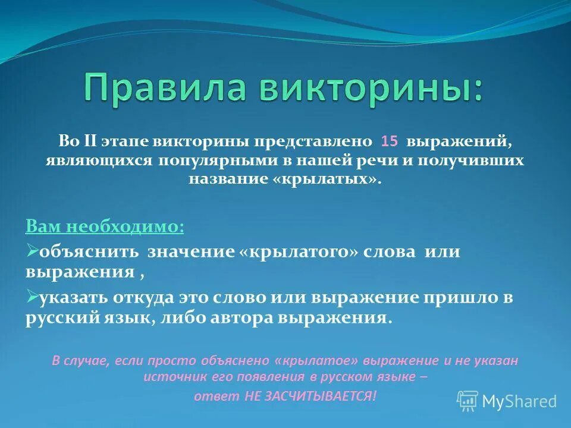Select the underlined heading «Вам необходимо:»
105,226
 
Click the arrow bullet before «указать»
32,295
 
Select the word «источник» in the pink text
170,377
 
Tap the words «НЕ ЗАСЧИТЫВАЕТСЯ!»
310,396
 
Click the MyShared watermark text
519,401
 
